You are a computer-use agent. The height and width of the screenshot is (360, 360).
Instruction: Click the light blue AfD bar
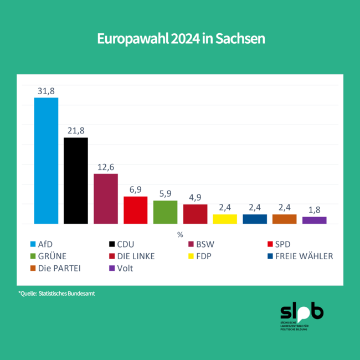46,161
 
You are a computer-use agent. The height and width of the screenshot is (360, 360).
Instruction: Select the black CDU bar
76,181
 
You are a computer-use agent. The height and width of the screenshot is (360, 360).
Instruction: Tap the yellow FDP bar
225,219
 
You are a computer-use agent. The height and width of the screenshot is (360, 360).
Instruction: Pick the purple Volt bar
314,220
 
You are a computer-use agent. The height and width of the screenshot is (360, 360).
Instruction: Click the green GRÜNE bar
165,212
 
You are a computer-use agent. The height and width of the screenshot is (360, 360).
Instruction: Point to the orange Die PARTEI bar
284,219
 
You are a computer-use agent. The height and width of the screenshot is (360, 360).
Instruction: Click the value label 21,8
76,130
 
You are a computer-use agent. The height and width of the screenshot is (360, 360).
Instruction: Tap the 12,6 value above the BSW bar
106,167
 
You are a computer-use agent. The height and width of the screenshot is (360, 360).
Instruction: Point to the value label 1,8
314,209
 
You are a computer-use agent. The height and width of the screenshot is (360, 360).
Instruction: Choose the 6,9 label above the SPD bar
135,189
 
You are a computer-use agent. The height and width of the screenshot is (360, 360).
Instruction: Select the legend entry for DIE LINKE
136,256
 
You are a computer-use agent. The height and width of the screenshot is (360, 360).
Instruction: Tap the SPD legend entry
282,244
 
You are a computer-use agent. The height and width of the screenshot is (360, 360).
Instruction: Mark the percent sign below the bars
180,234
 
